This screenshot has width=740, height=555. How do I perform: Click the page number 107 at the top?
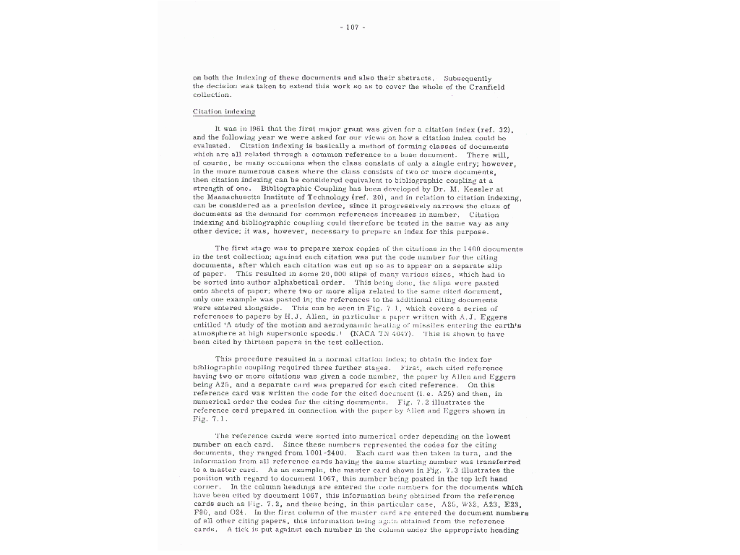pos(352,27)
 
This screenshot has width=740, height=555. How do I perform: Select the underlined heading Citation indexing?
pos(223,112)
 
